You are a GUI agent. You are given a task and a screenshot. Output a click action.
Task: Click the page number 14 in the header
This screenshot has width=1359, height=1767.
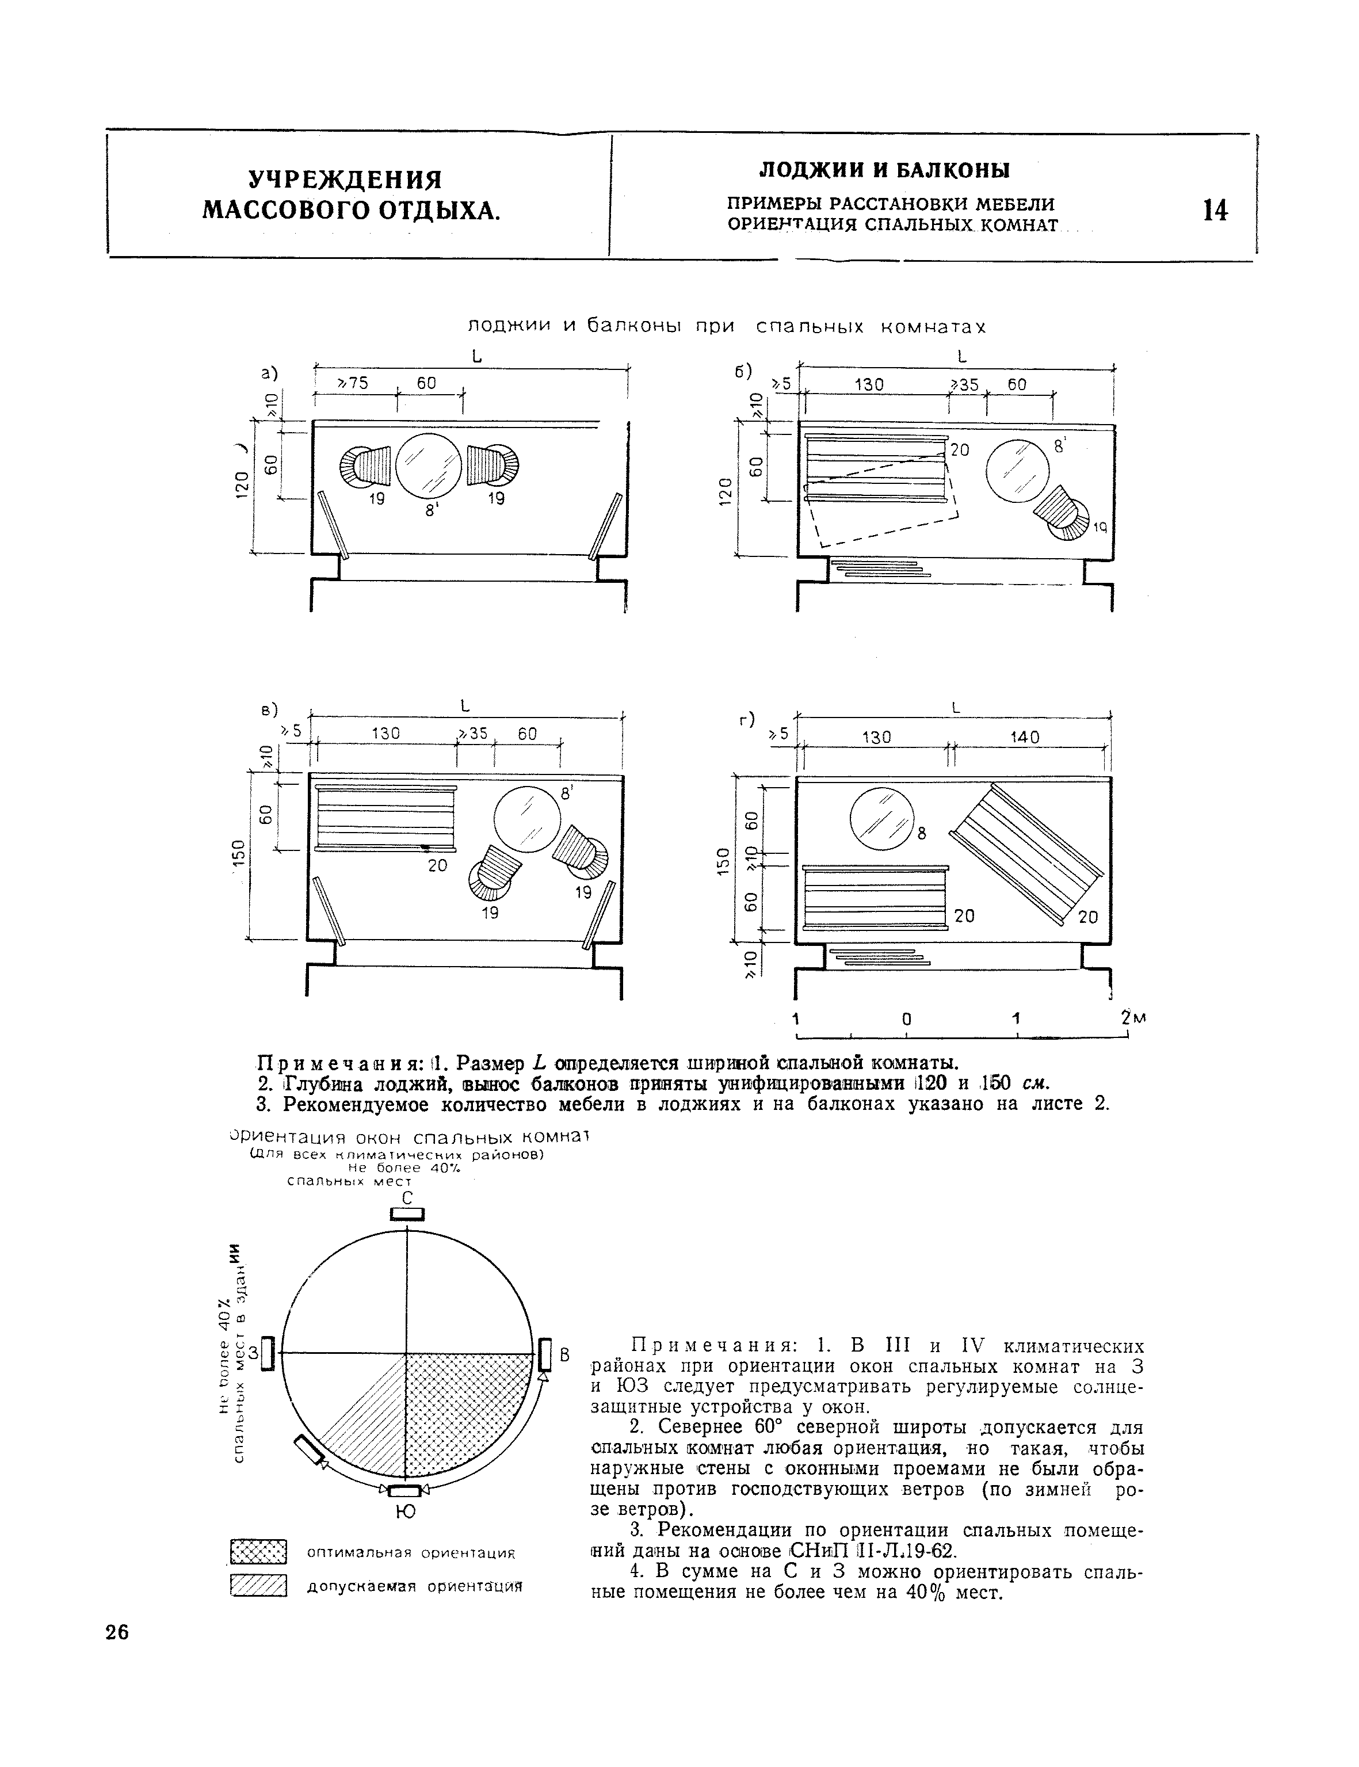pos(1215,211)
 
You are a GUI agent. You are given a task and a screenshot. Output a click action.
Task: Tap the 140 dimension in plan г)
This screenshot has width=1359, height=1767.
pos(1024,737)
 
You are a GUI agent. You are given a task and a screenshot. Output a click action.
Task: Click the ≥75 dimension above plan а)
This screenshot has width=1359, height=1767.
pos(352,383)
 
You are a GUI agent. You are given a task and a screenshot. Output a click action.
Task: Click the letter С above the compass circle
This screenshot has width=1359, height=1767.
pos(408,1198)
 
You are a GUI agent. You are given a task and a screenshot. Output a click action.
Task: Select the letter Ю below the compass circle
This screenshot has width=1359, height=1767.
pos(407,1512)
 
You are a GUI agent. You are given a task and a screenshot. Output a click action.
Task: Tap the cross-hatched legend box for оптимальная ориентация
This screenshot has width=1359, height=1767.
pos(259,1552)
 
